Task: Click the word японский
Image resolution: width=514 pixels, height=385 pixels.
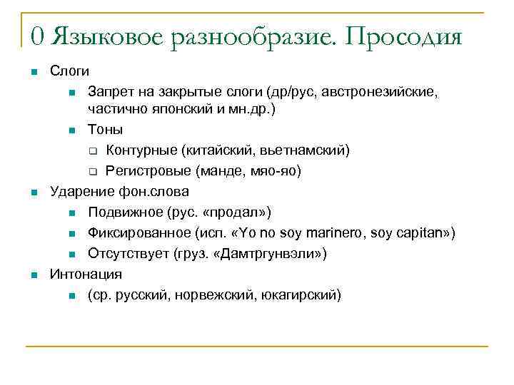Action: tap(168, 110)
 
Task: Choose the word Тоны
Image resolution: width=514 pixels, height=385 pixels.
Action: tap(105, 129)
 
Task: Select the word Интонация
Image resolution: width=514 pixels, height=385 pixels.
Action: tap(85, 274)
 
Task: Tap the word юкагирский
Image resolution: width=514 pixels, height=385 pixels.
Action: tap(304, 294)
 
